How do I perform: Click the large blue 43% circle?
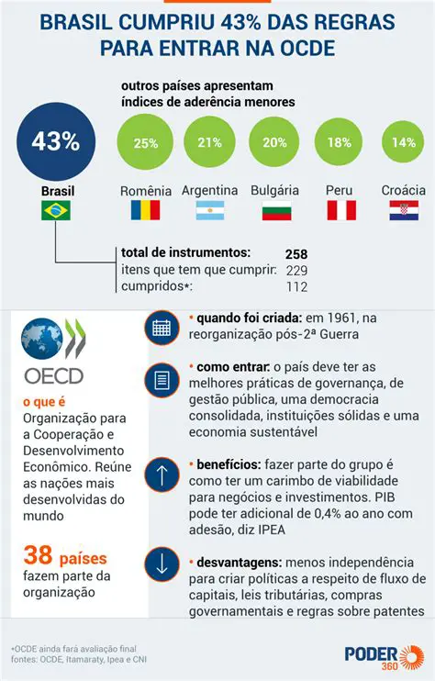click(56, 141)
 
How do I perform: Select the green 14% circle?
click(404, 143)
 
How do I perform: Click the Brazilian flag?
click(56, 211)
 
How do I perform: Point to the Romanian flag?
click(145, 210)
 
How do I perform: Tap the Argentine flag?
click(210, 210)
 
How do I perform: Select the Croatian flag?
click(404, 210)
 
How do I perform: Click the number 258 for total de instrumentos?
click(296, 253)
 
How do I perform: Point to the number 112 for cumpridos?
click(296, 286)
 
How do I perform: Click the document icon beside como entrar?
click(162, 379)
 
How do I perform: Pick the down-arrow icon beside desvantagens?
click(162, 562)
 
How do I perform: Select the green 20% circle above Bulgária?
click(275, 143)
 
